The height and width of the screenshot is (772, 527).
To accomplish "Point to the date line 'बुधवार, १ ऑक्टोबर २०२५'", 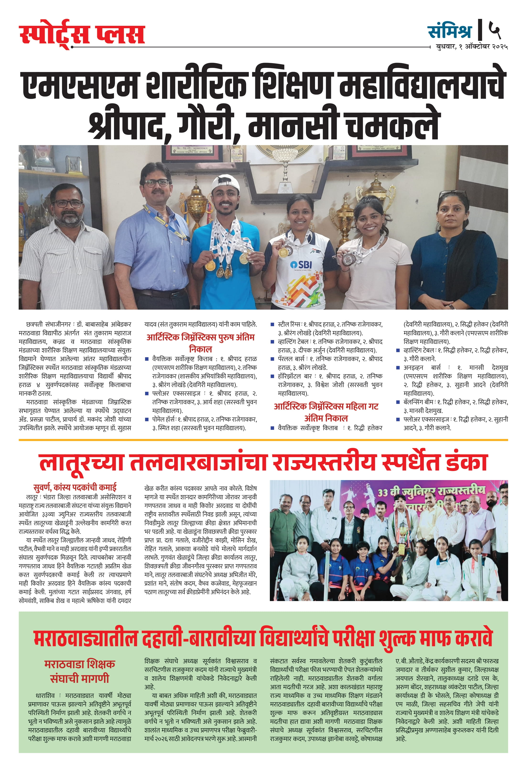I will click(472, 47).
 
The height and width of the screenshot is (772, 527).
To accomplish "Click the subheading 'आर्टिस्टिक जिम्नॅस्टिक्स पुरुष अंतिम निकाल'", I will click(200, 343).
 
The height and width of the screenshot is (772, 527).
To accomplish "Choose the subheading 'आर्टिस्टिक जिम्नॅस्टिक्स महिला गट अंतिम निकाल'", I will click(326, 412).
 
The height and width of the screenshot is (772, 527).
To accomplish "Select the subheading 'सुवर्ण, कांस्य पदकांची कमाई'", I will click(75, 487).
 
